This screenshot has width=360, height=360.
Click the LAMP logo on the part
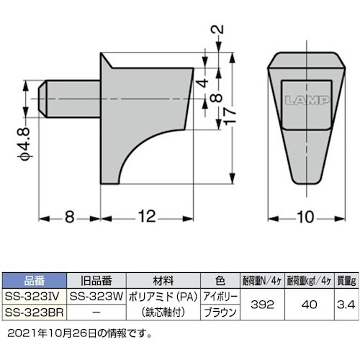tap(302, 101)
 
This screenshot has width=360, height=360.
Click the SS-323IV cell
tap(34, 296)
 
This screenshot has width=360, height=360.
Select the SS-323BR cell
tap(34, 313)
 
